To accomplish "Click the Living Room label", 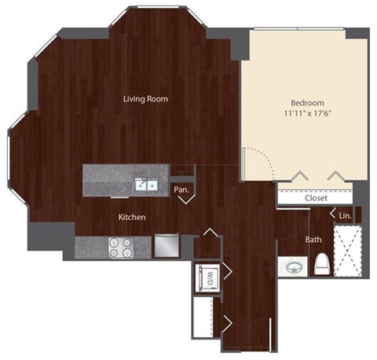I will pyautogui.click(x=145, y=99).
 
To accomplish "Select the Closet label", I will pyautogui.click(x=316, y=198).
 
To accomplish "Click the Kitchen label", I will pyautogui.click(x=131, y=217).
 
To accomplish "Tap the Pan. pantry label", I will pyautogui.click(x=181, y=189).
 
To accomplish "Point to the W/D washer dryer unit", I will pyautogui.click(x=209, y=277).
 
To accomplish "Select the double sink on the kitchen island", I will pyautogui.click(x=144, y=185).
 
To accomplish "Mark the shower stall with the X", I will pyautogui.click(x=346, y=250).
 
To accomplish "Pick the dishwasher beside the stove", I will pyautogui.click(x=167, y=247).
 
